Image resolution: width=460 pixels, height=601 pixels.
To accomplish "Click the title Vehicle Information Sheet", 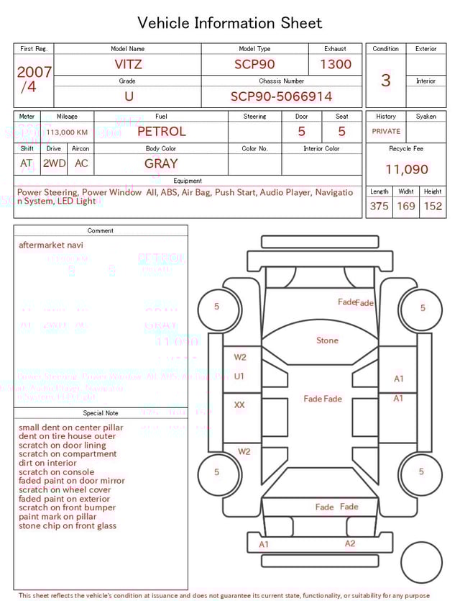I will pyautogui.click(x=230, y=23).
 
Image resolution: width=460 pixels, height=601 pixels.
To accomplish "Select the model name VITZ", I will pyautogui.click(x=128, y=64).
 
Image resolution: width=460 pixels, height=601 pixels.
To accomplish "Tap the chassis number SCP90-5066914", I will pyautogui.click(x=281, y=96).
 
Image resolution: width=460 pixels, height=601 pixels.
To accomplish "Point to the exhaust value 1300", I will pyautogui.click(x=336, y=64).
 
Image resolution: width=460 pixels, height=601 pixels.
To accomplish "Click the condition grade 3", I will pyautogui.click(x=386, y=80).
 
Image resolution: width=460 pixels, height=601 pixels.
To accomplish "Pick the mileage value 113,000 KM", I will pyautogui.click(x=67, y=132).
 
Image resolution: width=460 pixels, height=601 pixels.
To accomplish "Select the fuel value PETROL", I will pyautogui.click(x=161, y=131).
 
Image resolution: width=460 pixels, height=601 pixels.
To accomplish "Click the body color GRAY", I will pyautogui.click(x=161, y=163).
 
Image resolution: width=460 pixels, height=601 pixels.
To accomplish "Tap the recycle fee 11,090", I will pyautogui.click(x=406, y=169).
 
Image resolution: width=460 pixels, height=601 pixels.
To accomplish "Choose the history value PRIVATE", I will pyautogui.click(x=386, y=132).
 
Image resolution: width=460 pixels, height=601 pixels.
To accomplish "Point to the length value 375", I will pyautogui.click(x=379, y=206).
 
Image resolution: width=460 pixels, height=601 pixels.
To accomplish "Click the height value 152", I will pyautogui.click(x=433, y=206).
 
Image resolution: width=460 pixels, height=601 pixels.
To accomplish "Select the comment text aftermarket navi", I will pyautogui.click(x=51, y=245).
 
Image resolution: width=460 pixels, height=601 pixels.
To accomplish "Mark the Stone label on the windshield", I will pyautogui.click(x=327, y=340).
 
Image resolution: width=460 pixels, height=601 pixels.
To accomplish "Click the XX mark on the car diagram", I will pyautogui.click(x=239, y=405).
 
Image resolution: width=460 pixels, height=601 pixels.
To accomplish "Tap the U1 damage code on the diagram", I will pyautogui.click(x=239, y=376).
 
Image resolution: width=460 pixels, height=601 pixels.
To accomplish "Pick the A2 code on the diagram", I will pyautogui.click(x=350, y=543).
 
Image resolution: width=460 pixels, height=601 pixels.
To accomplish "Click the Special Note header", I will pyautogui.click(x=101, y=413).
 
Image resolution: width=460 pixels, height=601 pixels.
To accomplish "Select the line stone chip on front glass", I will pyautogui.click(x=68, y=525).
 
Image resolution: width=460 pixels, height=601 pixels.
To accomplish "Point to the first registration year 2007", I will pyautogui.click(x=34, y=72).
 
